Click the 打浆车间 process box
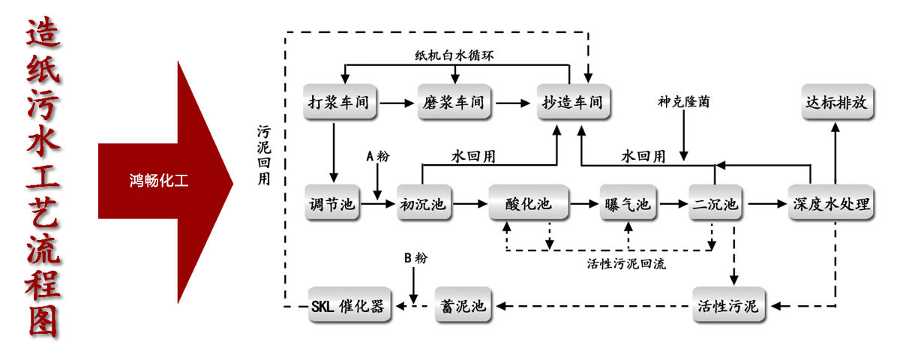pos(340,102)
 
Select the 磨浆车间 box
pos(453,102)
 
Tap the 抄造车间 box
pos(572,102)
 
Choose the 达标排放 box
pos(836,102)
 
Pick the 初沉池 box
pos(425,203)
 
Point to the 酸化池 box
pos(529,203)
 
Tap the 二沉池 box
pos(715,203)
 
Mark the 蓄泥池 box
pos(463,305)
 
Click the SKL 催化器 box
pos(349,305)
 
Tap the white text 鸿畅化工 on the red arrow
pos(158,180)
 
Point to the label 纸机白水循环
pos(454,55)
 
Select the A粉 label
pos(377,156)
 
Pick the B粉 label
pos(414,259)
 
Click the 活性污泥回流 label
pos(625,264)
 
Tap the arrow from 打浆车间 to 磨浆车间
pos(397,102)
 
